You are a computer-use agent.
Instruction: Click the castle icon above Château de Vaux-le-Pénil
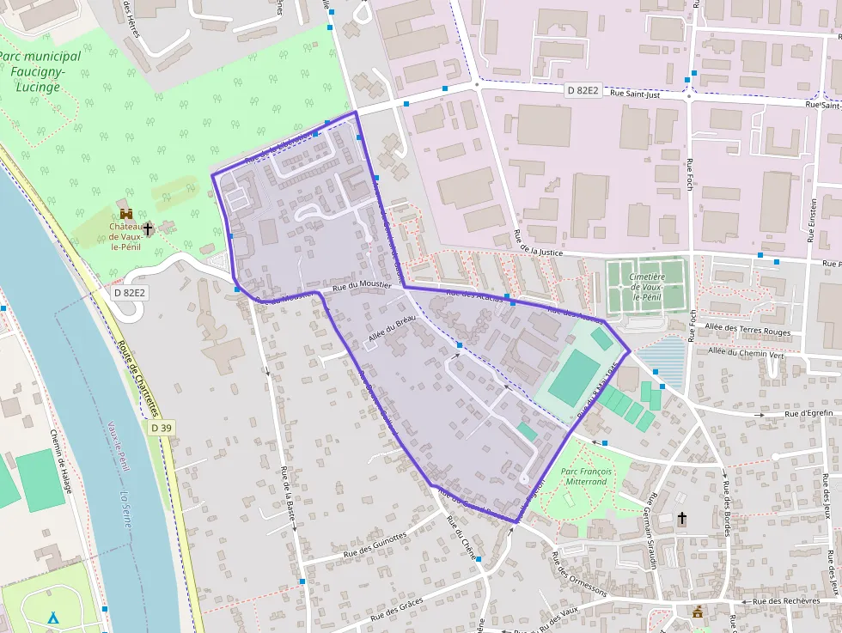click(126, 213)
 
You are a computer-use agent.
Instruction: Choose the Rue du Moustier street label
click(362, 285)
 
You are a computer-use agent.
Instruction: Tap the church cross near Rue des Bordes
click(682, 518)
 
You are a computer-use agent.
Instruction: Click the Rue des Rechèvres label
click(786, 600)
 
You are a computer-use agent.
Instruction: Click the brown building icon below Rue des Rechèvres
click(698, 612)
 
